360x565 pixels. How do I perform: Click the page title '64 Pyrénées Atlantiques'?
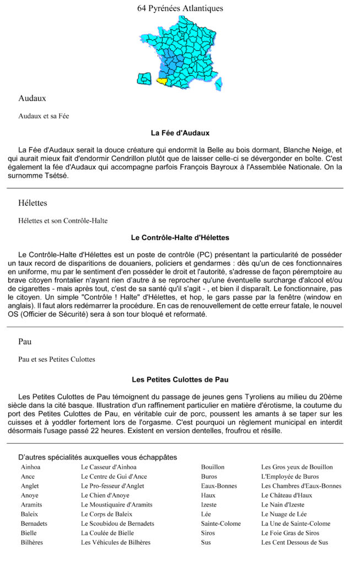pyautogui.click(x=180, y=8)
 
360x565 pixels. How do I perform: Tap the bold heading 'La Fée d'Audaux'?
pyautogui.click(x=180, y=133)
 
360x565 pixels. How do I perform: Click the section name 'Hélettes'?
pyautogui.click(x=33, y=203)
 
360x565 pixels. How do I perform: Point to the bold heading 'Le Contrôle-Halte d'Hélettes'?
pyautogui.click(x=180, y=238)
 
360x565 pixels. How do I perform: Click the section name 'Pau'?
pyautogui.click(x=25, y=342)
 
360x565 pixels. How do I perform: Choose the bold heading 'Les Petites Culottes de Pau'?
pyautogui.click(x=180, y=380)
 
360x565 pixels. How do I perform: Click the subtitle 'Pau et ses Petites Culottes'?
pyautogui.click(x=57, y=359)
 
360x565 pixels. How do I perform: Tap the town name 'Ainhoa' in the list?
pyautogui.click(x=30, y=467)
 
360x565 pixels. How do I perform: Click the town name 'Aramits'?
pyautogui.click(x=31, y=504)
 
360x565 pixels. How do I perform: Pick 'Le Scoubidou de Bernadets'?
pyautogui.click(x=117, y=523)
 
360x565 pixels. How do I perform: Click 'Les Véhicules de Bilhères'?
pyautogui.click(x=115, y=542)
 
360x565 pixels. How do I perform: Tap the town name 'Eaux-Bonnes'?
pyautogui.click(x=219, y=486)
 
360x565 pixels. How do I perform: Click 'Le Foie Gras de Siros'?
pyautogui.click(x=290, y=533)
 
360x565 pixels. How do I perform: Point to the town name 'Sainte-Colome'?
pyautogui.click(x=221, y=524)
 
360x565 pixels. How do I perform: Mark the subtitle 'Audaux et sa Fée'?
pyautogui.click(x=44, y=116)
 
